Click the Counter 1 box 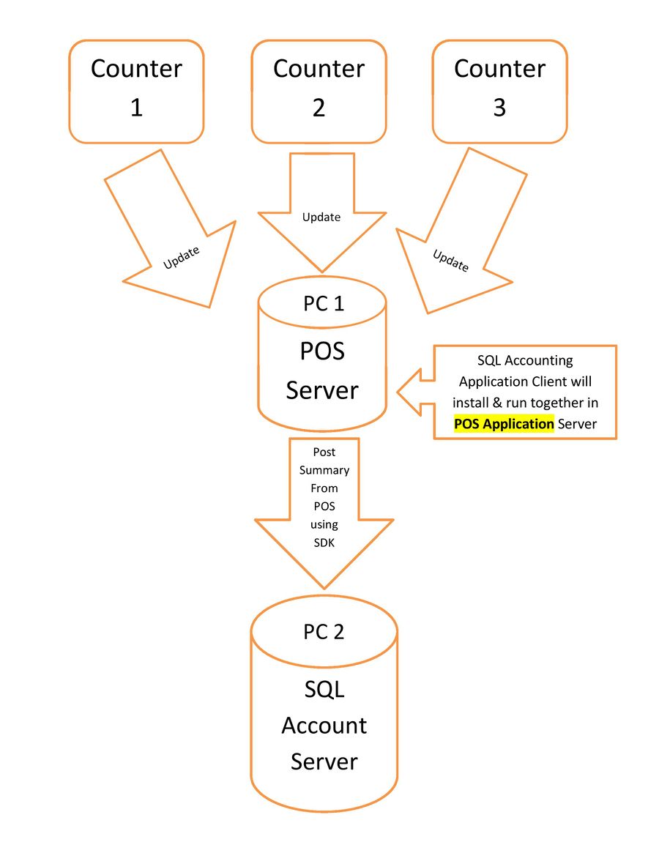pyautogui.click(x=136, y=91)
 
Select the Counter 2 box pyautogui.click(x=319, y=91)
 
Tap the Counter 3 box pyautogui.click(x=499, y=91)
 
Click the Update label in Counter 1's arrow pyautogui.click(x=182, y=257)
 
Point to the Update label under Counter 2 pyautogui.click(x=321, y=217)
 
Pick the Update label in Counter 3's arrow pyautogui.click(x=450, y=261)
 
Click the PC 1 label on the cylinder pyautogui.click(x=323, y=303)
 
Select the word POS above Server pyautogui.click(x=322, y=351)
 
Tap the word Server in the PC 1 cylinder pyautogui.click(x=322, y=390)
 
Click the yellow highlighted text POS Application pyautogui.click(x=504, y=424)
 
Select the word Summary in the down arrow pyautogui.click(x=324, y=470)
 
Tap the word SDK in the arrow pyautogui.click(x=324, y=542)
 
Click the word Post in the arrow pyautogui.click(x=324, y=452)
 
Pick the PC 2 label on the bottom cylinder pyautogui.click(x=324, y=632)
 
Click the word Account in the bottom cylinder pyautogui.click(x=324, y=726)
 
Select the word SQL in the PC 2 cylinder pyautogui.click(x=324, y=689)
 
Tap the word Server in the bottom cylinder pyautogui.click(x=324, y=761)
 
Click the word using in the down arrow pyautogui.click(x=324, y=524)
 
